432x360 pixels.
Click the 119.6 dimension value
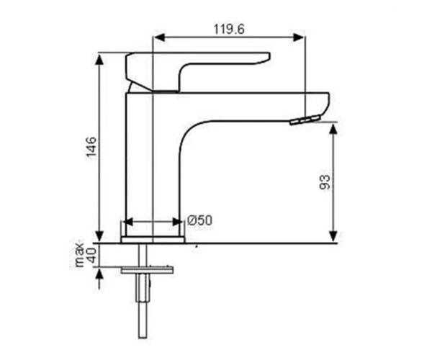click(x=229, y=30)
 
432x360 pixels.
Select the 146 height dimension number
click(x=91, y=148)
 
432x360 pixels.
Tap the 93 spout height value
click(x=325, y=182)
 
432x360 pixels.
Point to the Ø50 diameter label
click(x=199, y=220)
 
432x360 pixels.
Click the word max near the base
click(x=80, y=254)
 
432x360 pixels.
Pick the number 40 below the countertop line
click(x=92, y=255)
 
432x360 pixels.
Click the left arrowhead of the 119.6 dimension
click(x=160, y=37)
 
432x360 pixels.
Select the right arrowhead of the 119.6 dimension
click(x=298, y=37)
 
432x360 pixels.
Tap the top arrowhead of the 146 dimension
click(x=99, y=60)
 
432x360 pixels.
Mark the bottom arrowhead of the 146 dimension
click(x=99, y=237)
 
